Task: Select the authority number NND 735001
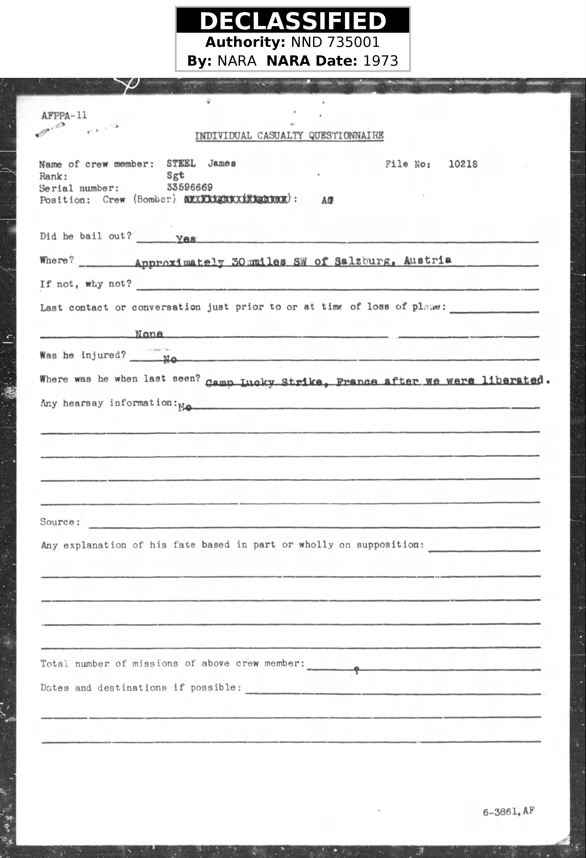(x=335, y=42)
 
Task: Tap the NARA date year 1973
(x=381, y=61)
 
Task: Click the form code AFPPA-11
(x=64, y=116)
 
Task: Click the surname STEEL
(x=181, y=163)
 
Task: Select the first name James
(x=222, y=163)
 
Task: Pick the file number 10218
(x=463, y=164)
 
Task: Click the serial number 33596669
(x=190, y=187)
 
